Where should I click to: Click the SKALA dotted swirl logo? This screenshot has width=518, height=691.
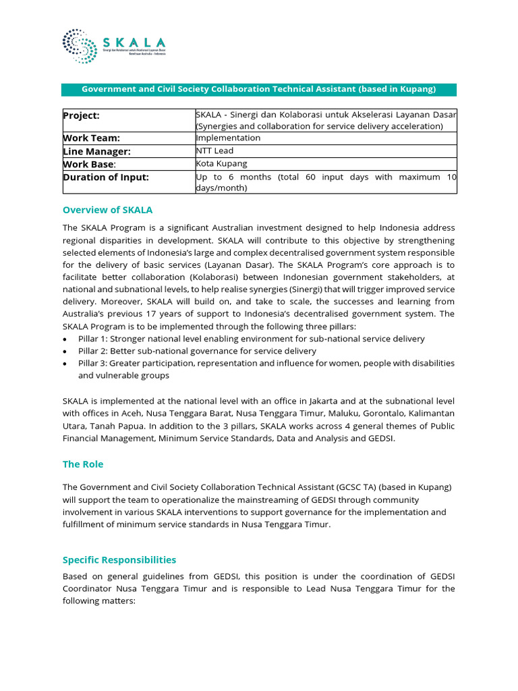coord(80,46)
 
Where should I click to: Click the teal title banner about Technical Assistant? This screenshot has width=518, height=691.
coord(259,89)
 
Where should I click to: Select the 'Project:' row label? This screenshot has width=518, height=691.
coord(81,115)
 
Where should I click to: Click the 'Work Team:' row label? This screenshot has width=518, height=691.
coord(91,138)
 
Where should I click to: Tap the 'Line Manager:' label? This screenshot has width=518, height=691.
coord(96,152)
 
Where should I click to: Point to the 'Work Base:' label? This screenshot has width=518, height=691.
coord(89,164)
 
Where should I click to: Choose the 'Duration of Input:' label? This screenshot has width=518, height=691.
coord(106,177)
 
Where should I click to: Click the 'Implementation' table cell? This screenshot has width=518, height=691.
coord(228,138)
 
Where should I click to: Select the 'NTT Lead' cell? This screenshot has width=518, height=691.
coord(214,151)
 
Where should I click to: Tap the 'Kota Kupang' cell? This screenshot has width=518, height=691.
coord(221,164)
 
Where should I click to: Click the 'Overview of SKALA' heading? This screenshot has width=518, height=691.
coord(107,210)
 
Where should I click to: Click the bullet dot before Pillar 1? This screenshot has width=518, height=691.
coord(65,339)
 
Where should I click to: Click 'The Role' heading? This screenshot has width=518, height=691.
coord(83,464)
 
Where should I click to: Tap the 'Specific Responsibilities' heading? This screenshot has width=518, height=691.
coord(119,559)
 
